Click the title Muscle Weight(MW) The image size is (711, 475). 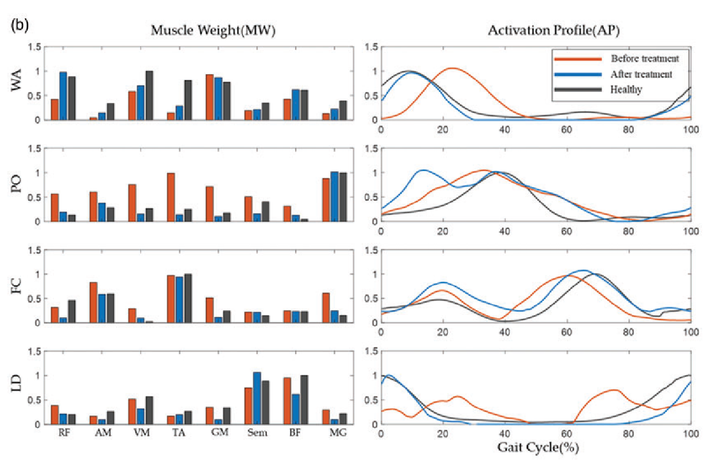click(213, 31)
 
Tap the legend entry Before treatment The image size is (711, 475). click(644, 59)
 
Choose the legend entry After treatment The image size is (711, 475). click(641, 74)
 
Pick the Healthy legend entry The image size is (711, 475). click(627, 89)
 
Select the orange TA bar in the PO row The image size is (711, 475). click(171, 197)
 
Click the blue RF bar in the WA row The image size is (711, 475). click(63, 96)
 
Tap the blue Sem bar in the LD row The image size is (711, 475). click(257, 398)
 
